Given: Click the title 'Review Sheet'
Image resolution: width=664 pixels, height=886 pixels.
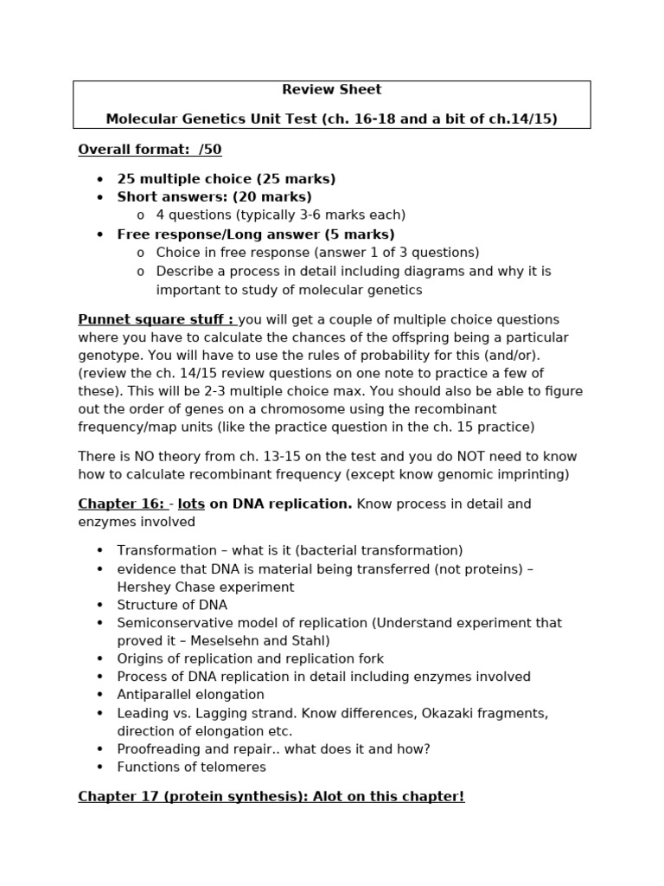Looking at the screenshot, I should [331, 90].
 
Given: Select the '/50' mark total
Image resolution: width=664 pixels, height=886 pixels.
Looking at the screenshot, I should [210, 150].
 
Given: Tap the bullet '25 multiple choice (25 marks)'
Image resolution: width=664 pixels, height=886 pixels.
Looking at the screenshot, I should [227, 179].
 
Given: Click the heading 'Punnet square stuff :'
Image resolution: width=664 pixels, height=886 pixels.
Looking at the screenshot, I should [156, 320].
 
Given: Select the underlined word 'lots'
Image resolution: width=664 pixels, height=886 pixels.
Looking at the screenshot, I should [191, 504].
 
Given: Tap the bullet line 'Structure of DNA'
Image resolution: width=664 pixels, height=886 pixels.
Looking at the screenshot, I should [172, 605].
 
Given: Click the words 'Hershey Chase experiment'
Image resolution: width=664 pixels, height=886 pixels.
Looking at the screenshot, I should [205, 587].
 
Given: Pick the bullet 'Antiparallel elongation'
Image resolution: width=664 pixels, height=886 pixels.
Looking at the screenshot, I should [190, 695].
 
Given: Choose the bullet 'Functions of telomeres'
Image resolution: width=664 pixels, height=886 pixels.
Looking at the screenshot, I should [191, 767].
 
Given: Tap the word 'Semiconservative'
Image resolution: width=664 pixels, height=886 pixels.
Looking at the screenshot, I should [171, 623].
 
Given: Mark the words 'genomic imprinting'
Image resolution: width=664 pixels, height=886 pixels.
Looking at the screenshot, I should [510, 474].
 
